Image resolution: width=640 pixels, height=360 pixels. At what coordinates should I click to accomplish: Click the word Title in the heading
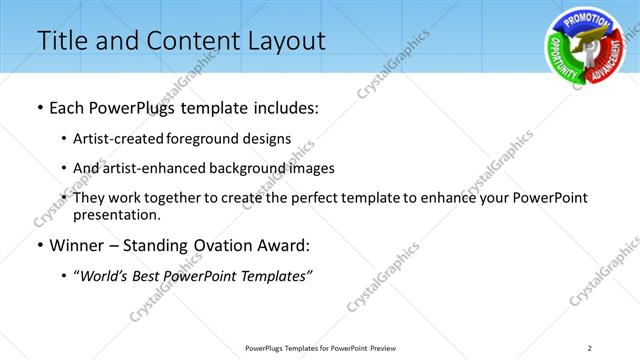tap(62, 41)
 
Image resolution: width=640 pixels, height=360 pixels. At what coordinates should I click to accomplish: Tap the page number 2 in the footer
tap(589, 347)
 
